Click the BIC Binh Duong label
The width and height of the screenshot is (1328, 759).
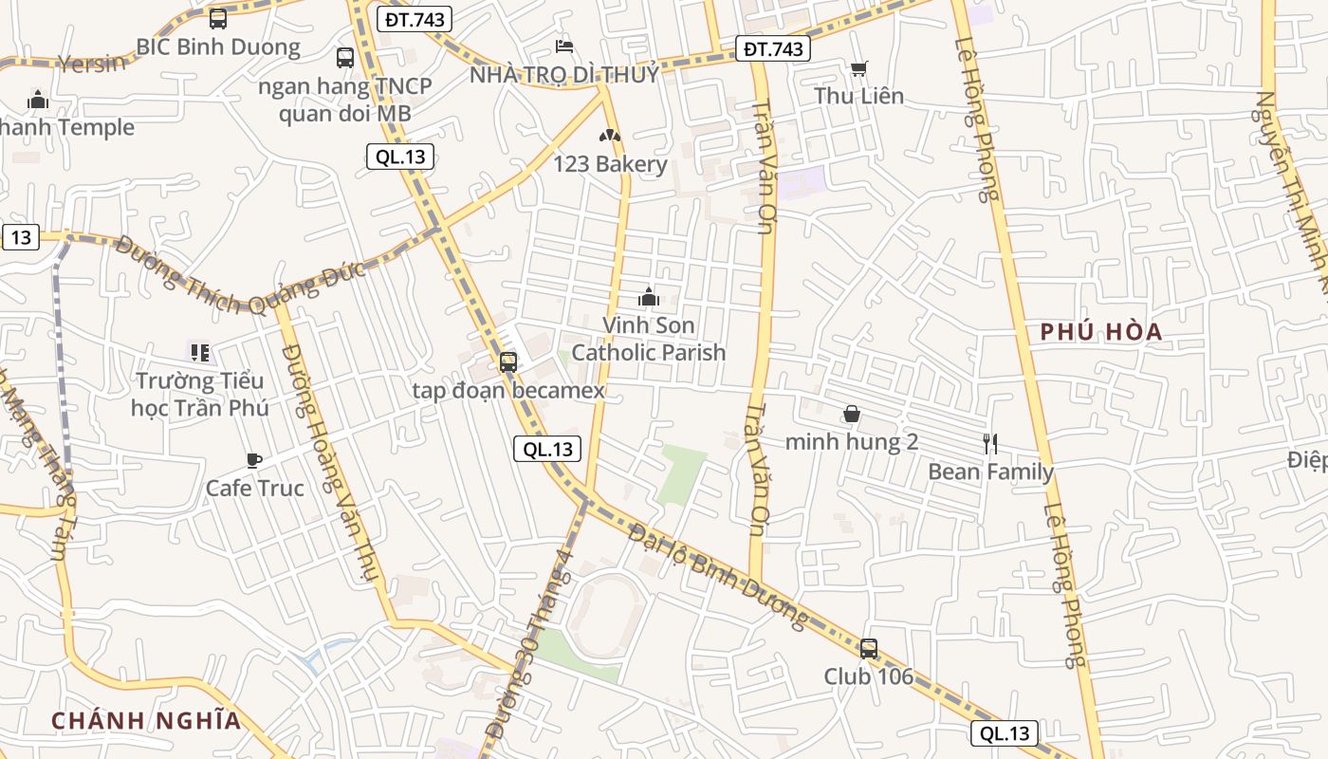pos(218,46)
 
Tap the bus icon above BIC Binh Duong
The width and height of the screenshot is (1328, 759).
pos(218,18)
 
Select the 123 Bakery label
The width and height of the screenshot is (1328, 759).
pos(610,164)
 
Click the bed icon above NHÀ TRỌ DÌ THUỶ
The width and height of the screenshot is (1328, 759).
pos(564,46)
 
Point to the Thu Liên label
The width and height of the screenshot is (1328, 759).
pos(858,96)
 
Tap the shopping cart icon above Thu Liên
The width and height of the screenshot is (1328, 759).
pos(858,68)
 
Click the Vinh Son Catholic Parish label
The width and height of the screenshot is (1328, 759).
pos(649,339)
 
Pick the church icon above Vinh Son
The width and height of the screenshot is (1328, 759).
pos(649,297)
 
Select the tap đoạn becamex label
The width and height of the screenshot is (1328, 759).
pos(508,390)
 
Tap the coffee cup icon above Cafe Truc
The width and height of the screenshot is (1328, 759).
pos(254,461)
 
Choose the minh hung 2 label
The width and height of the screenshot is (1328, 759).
pos(852,442)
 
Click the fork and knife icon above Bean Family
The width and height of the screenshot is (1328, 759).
pos(990,443)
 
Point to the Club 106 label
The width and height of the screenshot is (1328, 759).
pos(868,676)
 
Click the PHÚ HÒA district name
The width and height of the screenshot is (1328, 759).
pos(1101,332)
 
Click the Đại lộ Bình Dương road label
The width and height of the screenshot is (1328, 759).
pos(719,576)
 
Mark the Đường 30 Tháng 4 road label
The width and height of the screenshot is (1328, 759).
pos(529,645)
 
